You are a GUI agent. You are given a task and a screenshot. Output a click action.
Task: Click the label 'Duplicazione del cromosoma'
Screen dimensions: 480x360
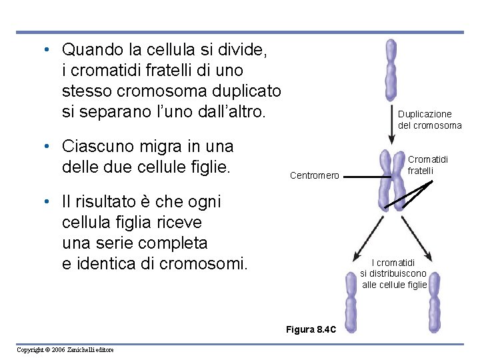tap(429, 120)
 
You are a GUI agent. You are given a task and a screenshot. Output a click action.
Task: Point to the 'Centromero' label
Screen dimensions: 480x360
tap(315, 176)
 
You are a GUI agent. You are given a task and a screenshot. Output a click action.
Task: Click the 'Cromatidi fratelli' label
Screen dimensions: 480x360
tap(428, 165)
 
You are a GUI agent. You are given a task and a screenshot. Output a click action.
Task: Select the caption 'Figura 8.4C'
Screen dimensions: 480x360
tap(311, 330)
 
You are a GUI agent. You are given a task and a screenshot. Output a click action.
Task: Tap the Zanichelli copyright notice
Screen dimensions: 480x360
tap(65, 350)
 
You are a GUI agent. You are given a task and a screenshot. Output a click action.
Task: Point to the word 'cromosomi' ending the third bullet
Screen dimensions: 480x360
tap(207, 263)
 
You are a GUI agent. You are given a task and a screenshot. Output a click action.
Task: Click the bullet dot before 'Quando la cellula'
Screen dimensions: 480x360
tap(43, 50)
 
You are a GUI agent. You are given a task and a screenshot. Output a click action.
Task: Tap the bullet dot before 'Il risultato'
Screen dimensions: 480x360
tap(43, 202)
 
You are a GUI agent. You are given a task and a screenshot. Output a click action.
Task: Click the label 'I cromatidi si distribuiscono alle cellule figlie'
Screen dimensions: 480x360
tap(393, 273)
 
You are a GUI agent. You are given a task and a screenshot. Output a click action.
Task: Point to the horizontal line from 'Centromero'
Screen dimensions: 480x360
tap(361, 177)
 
